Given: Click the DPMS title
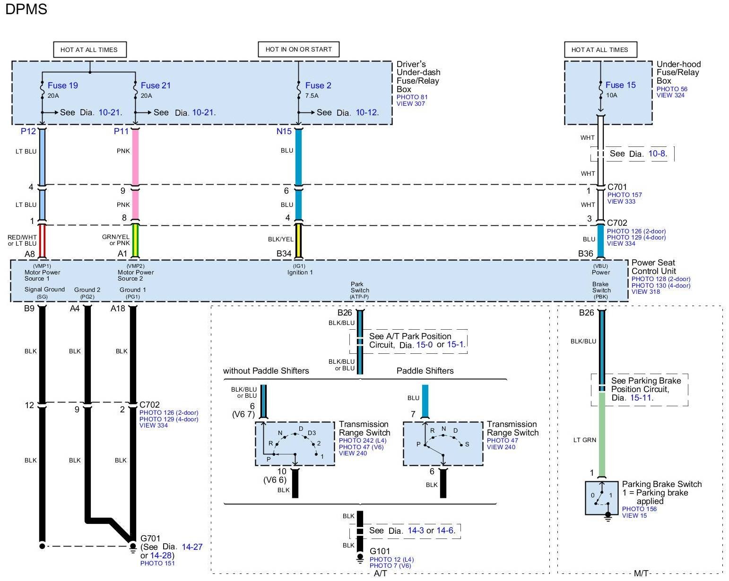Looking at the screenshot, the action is click(26, 9).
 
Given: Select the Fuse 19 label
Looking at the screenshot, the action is click(63, 85).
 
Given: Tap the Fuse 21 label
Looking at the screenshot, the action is click(156, 85).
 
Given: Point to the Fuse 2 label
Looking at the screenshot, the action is click(318, 85).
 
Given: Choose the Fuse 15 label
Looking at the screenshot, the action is click(620, 85).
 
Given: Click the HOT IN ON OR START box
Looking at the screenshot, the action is click(298, 50).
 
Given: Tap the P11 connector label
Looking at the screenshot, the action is click(121, 131).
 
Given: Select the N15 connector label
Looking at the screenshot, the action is click(284, 131).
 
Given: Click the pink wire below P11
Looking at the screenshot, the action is click(135, 157).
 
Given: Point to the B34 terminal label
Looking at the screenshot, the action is click(284, 254).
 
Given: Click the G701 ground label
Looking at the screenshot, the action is click(150, 538).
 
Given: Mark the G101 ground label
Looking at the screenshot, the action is click(380, 551).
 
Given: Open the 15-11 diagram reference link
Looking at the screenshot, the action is click(641, 398).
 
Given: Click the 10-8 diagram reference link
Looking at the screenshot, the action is click(657, 154).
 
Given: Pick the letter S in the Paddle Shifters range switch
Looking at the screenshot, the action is click(467, 444).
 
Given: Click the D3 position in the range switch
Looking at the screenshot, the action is click(312, 433).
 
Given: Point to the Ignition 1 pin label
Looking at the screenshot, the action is click(300, 272).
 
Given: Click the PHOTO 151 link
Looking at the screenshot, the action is click(157, 563).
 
